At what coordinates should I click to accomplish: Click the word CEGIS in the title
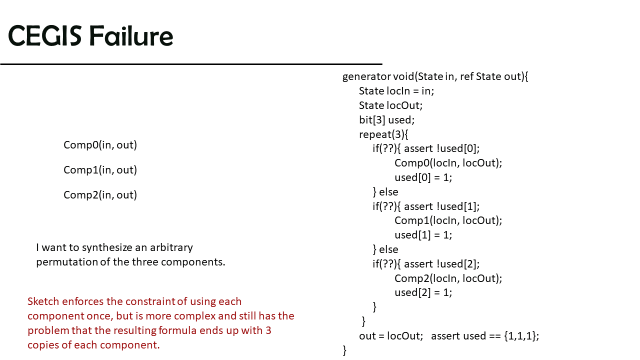click(45, 35)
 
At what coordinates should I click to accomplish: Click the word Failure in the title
click(131, 35)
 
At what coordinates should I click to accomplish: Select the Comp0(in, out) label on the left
click(100, 145)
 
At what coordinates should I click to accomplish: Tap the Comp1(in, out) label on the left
click(100, 170)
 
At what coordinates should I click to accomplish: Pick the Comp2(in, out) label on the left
click(100, 195)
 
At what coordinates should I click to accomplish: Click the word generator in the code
click(366, 77)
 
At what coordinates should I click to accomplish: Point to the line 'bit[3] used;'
click(386, 120)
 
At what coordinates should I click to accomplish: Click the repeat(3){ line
click(383, 134)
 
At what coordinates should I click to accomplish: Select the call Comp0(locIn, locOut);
click(448, 163)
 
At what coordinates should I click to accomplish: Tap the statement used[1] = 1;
click(423, 235)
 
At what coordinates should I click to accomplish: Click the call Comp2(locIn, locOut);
click(448, 278)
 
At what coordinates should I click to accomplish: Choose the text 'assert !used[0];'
click(441, 148)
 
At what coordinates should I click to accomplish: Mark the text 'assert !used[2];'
click(441, 264)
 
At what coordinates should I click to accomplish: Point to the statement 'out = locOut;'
click(391, 336)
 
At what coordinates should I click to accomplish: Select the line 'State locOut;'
click(390, 105)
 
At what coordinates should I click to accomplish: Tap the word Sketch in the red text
click(43, 301)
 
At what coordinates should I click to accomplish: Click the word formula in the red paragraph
click(177, 330)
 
